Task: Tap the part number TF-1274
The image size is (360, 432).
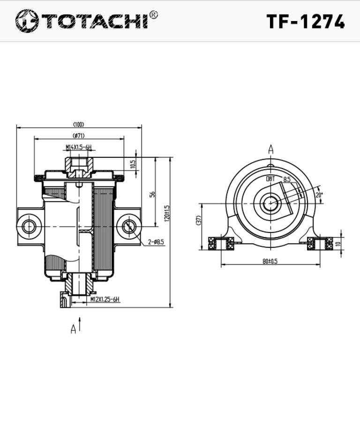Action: [305, 22]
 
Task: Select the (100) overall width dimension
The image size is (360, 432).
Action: [78, 125]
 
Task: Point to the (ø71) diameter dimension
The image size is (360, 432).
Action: [78, 136]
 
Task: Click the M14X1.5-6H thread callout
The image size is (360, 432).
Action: [78, 148]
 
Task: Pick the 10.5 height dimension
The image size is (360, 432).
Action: [133, 164]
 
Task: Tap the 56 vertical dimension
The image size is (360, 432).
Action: [152, 194]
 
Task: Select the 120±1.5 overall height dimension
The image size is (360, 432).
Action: [167, 214]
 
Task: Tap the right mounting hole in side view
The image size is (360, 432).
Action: [129, 227]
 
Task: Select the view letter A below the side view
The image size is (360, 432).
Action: [73, 329]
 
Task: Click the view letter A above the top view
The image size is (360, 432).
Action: [271, 149]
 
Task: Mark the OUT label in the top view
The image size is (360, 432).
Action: [271, 179]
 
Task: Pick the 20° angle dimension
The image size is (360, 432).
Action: [319, 194]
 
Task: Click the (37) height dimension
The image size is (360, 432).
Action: [199, 220]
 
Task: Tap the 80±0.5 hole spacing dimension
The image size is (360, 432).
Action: [270, 261]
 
